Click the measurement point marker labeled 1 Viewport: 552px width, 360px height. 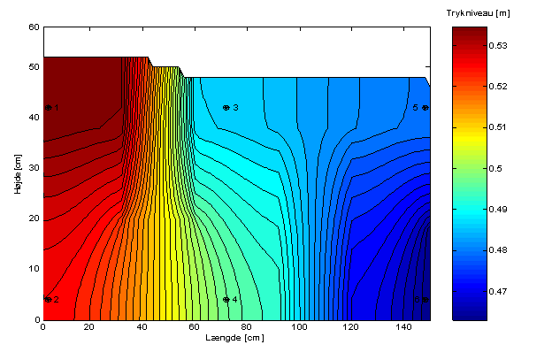49,108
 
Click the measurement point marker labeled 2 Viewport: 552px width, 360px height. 49,300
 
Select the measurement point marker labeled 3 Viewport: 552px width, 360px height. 226,108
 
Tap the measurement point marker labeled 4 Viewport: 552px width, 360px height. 226,300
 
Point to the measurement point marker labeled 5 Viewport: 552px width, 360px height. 425,108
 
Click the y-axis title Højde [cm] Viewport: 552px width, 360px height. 18,173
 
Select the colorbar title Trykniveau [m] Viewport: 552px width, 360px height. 479,13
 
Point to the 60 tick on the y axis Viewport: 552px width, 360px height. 34,27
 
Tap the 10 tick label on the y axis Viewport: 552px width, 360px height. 34,269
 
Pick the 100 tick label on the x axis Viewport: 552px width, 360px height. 300,327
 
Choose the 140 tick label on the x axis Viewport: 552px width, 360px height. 402,327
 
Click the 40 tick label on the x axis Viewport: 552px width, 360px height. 145,327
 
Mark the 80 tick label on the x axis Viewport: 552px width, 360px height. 249,327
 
